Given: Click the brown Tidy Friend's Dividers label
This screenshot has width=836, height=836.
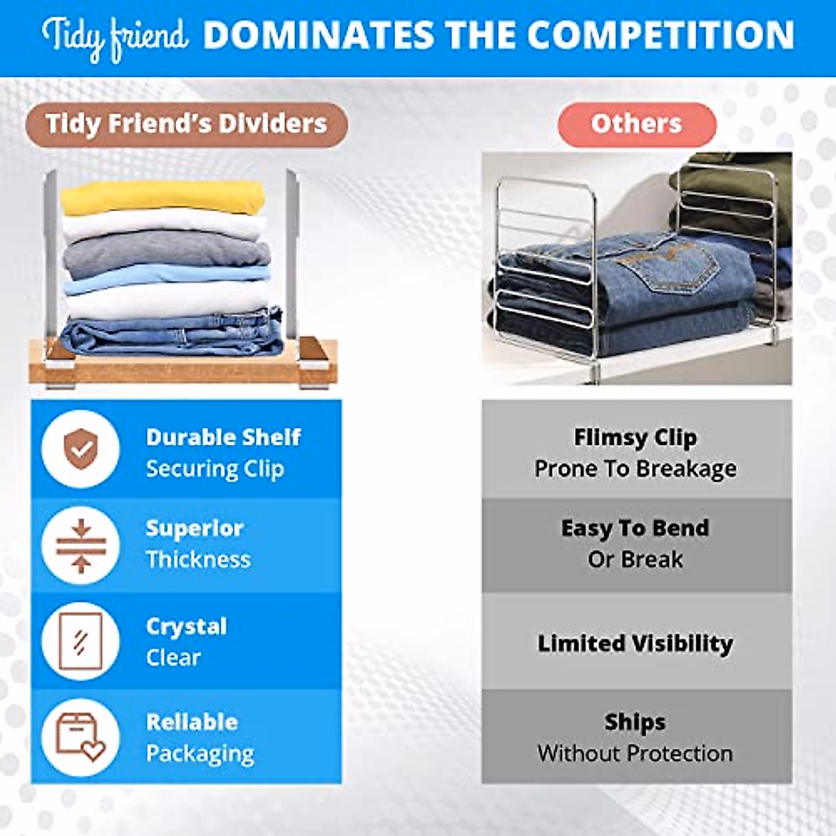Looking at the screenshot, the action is coord(187,125).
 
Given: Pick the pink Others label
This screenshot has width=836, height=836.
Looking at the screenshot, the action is coord(637,125).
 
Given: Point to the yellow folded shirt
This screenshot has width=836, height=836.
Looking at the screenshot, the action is coord(163,197).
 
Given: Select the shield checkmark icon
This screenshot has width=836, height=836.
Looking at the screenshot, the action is coord(81,449).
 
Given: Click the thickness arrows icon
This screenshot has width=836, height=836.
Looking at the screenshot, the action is coord(81,545).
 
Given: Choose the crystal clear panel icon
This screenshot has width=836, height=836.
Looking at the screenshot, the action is coord(81,641).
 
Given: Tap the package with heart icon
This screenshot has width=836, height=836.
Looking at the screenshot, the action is coord(81,738).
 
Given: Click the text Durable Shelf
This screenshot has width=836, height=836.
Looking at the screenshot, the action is coord(224,438).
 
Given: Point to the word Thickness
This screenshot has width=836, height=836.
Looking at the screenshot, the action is coord(199,559).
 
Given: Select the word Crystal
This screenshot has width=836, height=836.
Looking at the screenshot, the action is coord(187,627).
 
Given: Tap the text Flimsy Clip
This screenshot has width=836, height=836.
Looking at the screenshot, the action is coord(635,438).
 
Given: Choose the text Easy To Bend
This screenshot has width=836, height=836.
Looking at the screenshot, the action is coord(635,528).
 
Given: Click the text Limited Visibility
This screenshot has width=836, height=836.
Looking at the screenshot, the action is coord(635,644).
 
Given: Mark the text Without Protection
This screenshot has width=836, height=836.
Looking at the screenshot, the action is coord(635,754).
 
